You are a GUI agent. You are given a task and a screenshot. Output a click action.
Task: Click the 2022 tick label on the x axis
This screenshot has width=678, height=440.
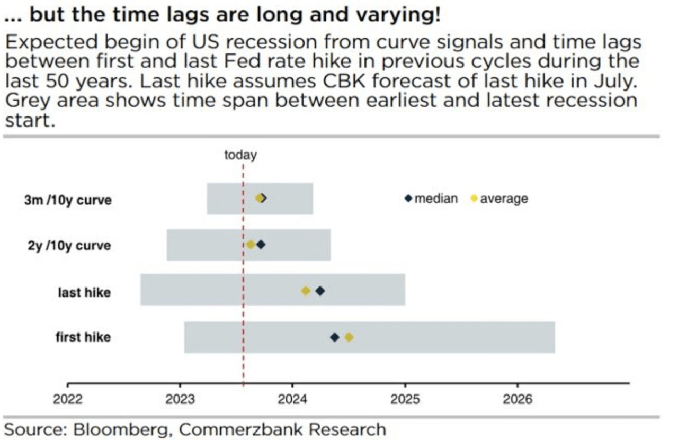click(68, 399)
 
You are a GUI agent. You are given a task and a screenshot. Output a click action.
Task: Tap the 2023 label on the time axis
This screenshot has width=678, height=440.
click(180, 399)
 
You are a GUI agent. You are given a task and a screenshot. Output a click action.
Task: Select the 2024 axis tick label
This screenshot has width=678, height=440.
click(292, 399)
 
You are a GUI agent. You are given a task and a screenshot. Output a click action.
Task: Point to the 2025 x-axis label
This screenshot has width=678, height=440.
click(405, 399)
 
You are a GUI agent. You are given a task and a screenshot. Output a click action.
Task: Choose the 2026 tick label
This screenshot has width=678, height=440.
click(517, 399)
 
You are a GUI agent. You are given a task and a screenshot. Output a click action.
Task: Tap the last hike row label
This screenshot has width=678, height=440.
click(84, 292)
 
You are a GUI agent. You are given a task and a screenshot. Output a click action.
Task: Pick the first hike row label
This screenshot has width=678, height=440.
click(83, 337)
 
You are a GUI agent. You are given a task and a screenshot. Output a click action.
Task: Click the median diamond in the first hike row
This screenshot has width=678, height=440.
click(334, 337)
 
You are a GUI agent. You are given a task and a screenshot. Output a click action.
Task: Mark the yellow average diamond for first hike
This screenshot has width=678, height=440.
click(349, 337)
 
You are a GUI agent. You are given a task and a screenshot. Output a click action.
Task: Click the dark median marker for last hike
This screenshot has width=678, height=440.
click(320, 291)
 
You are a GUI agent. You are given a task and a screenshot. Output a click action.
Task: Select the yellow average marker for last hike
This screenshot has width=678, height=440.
click(306, 291)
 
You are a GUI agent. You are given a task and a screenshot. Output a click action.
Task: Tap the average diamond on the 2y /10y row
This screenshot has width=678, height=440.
click(251, 245)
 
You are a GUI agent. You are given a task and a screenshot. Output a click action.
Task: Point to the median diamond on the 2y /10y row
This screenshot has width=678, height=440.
click(261, 245)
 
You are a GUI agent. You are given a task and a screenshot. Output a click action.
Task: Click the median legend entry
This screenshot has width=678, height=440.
click(431, 199)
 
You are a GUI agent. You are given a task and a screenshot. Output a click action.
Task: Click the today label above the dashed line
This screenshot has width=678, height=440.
click(240, 155)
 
